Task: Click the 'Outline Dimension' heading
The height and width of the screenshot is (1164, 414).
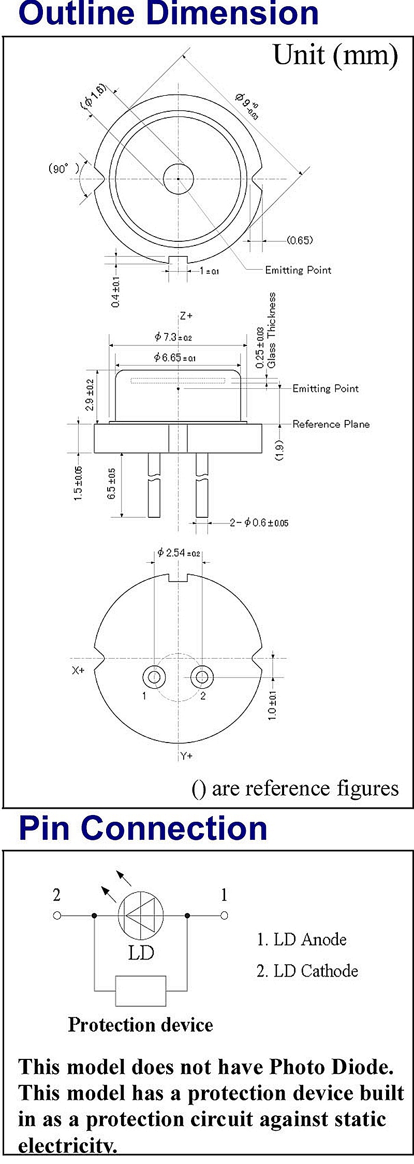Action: click(168, 14)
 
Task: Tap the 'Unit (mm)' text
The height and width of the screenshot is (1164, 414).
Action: click(335, 55)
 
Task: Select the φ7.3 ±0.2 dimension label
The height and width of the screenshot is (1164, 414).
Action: click(173, 337)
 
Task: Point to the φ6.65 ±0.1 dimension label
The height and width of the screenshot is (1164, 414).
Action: click(175, 357)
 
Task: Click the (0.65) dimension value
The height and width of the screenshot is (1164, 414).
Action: click(300, 240)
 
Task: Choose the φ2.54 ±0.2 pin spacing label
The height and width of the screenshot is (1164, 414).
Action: click(179, 553)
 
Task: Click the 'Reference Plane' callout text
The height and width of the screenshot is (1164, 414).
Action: click(331, 424)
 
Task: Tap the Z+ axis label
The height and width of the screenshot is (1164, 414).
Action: click(186, 315)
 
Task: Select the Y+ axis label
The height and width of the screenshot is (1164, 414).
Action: click(186, 756)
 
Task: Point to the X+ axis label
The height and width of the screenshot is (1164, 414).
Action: click(78, 670)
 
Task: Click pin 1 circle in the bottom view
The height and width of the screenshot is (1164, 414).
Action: click(154, 676)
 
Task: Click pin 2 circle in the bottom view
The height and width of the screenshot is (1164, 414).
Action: click(202, 676)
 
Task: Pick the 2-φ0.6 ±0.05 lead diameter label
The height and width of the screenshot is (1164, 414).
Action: click(259, 523)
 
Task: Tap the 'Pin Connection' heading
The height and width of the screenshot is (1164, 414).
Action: click(143, 828)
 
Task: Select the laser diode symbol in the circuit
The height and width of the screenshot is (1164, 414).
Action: click(141, 915)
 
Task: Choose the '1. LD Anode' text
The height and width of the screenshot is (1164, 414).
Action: click(302, 939)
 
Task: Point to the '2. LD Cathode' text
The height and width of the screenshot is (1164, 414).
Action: click(307, 970)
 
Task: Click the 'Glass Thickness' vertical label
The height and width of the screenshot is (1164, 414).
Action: click(272, 330)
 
